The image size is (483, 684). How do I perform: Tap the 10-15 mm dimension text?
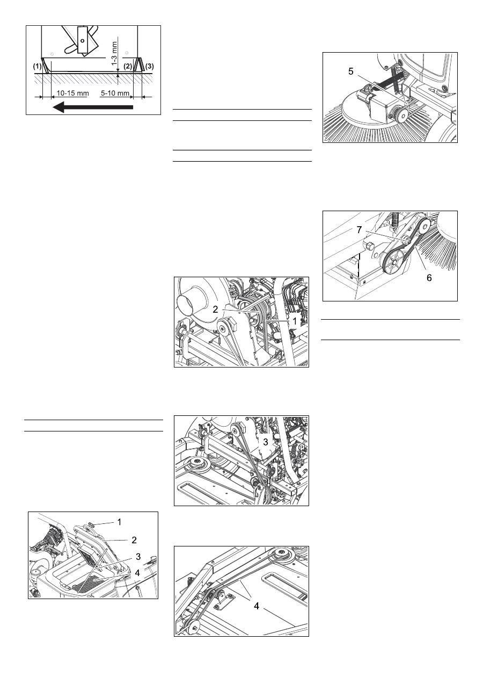pyautogui.click(x=72, y=93)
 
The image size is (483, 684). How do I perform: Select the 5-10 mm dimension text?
pyautogui.click(x=115, y=93)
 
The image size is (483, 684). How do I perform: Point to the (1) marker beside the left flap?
pyautogui.click(x=37, y=66)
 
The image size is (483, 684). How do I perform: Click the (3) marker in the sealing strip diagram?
pyautogui.click(x=149, y=66)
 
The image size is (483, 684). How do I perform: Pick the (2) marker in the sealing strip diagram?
pyautogui.click(x=128, y=66)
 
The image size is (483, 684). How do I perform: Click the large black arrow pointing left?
pyautogui.click(x=93, y=107)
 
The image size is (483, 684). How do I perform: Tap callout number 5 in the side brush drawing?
pyautogui.click(x=351, y=71)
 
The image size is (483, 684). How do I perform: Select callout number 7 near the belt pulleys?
pyautogui.click(x=359, y=229)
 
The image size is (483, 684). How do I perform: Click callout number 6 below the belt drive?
pyautogui.click(x=429, y=278)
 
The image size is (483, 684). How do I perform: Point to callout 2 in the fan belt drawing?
pyautogui.click(x=215, y=309)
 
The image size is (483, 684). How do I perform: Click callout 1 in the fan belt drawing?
pyautogui.click(x=295, y=321)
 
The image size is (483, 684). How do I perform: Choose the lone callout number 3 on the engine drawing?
pyautogui.click(x=266, y=442)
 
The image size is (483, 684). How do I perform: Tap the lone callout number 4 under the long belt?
pyautogui.click(x=257, y=606)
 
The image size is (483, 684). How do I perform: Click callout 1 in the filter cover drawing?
pyautogui.click(x=119, y=522)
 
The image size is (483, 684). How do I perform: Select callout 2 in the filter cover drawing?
pyautogui.click(x=134, y=540)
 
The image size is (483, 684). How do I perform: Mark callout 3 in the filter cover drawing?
pyautogui.click(x=138, y=556)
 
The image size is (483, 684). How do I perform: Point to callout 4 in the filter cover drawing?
pyautogui.click(x=137, y=573)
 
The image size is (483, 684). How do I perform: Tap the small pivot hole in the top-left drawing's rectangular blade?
pyautogui.click(x=82, y=40)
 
